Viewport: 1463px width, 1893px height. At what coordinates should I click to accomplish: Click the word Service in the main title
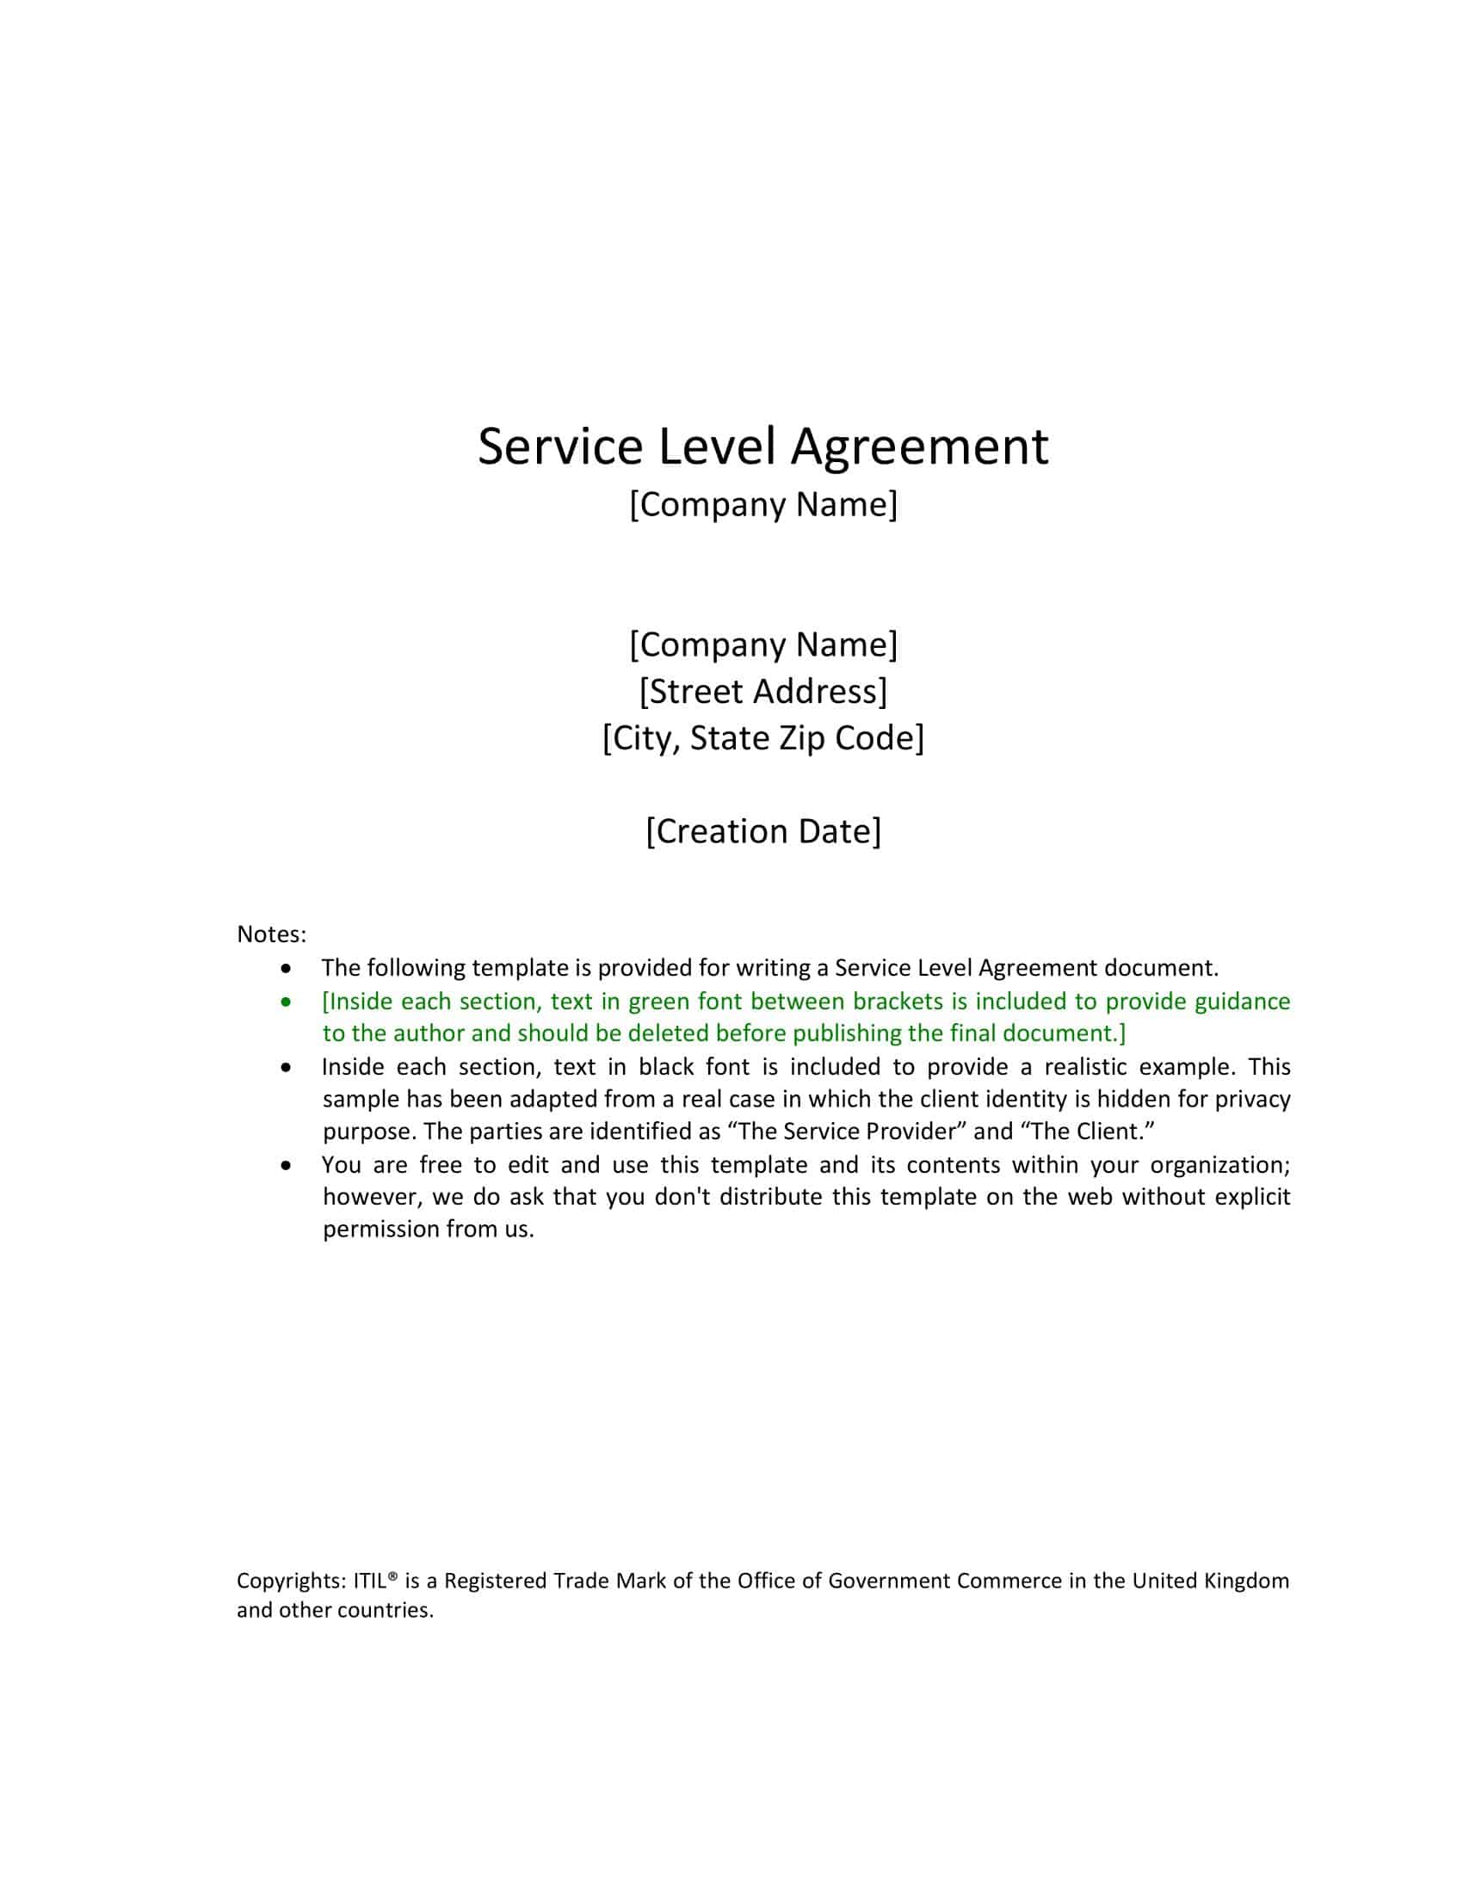coord(560,447)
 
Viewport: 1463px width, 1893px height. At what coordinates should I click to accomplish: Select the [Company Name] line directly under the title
coord(762,504)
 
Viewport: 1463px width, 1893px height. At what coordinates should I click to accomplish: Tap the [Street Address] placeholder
coord(762,692)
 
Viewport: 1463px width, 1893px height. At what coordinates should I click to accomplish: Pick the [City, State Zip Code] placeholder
coord(762,738)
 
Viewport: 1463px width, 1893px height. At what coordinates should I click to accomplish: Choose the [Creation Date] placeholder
coord(762,831)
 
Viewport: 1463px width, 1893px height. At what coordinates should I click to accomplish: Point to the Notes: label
coord(271,934)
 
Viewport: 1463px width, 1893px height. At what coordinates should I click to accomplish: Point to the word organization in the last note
coord(1219,1165)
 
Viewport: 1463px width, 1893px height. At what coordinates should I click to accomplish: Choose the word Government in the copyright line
coord(888,1581)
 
